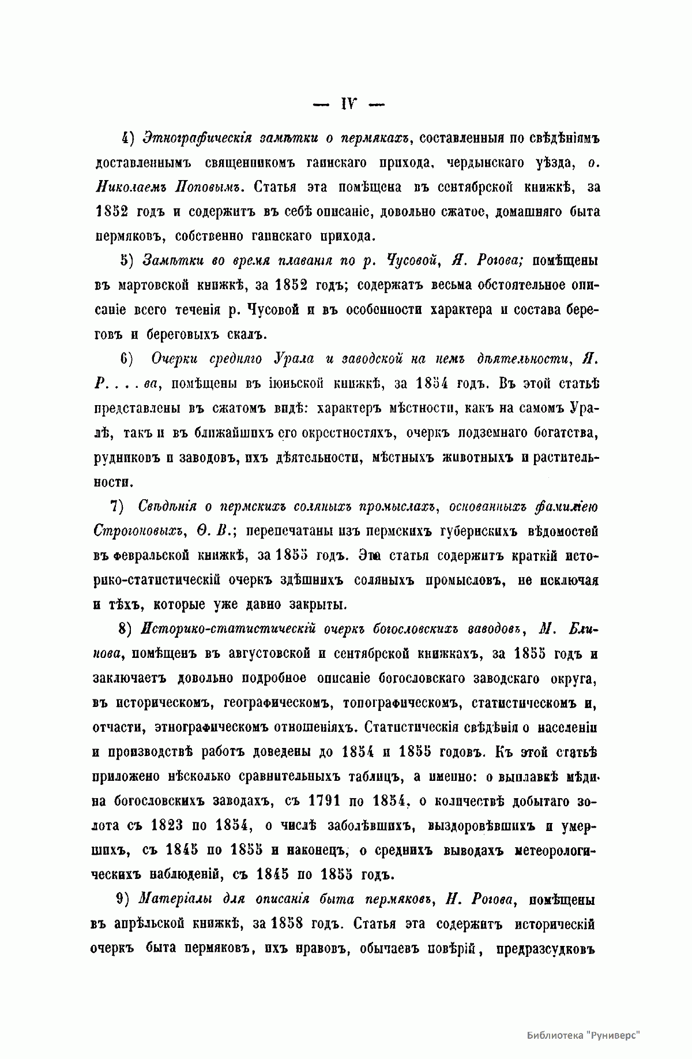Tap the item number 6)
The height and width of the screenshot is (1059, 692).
[127, 358]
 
